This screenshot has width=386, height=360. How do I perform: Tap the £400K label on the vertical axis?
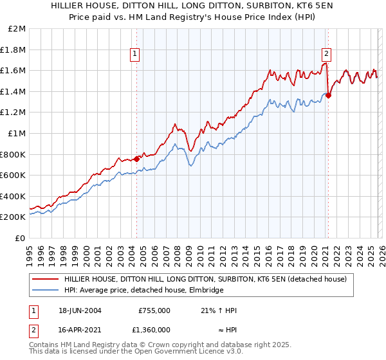pos(15,196)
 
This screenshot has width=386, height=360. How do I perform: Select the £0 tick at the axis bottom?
pos(21,238)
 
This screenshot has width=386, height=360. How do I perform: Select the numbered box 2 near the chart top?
pos(327,54)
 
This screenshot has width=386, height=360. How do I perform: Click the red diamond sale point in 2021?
pos(328,96)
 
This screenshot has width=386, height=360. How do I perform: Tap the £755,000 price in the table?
pos(154,310)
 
